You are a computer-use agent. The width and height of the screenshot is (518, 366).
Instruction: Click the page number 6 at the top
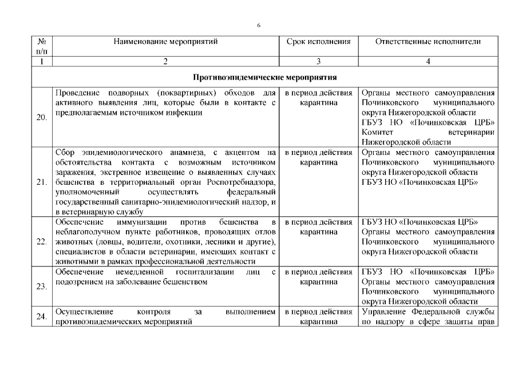coord(259,26)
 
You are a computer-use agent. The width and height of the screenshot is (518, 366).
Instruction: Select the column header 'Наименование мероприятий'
coord(165,42)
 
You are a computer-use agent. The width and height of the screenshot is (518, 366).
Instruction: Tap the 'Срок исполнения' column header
coord(318,42)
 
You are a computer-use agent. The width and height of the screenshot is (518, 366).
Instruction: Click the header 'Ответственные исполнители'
coord(428,42)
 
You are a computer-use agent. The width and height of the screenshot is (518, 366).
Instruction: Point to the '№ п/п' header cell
coord(41,46)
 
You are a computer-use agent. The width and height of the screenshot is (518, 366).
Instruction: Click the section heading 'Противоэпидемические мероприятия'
coord(264,77)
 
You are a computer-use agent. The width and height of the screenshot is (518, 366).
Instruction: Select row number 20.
coord(41,117)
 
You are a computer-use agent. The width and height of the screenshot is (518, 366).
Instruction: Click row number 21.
coord(41,182)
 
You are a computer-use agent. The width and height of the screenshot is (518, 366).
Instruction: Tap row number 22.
coord(41,241)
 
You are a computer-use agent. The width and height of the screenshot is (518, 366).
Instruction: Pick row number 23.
coord(41,286)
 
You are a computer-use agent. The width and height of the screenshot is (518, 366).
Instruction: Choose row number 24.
coord(41,316)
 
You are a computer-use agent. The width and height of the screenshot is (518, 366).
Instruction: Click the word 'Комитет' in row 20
coord(378,132)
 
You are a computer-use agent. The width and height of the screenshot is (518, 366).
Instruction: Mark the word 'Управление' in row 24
coord(384,312)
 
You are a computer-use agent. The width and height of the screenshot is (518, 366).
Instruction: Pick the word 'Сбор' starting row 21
coord(65,153)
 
